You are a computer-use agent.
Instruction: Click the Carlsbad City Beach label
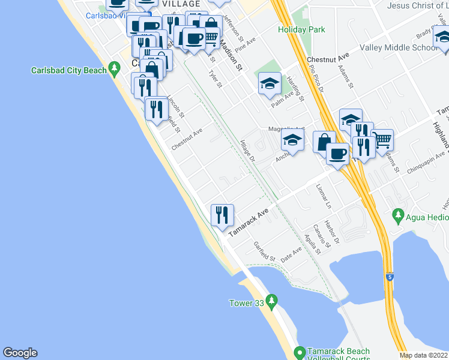[x=68, y=71]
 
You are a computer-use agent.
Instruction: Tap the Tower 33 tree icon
[x=272, y=299]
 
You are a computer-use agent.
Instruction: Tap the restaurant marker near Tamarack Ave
[x=222, y=214]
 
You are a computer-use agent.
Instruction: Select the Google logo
[x=20, y=353]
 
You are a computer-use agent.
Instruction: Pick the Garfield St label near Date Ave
[x=264, y=251]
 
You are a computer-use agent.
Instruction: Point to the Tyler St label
[x=214, y=79]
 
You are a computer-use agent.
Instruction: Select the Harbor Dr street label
[x=332, y=232]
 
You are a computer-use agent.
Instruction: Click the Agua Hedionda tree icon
[x=397, y=214]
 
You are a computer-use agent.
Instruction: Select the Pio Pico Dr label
[x=316, y=79]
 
